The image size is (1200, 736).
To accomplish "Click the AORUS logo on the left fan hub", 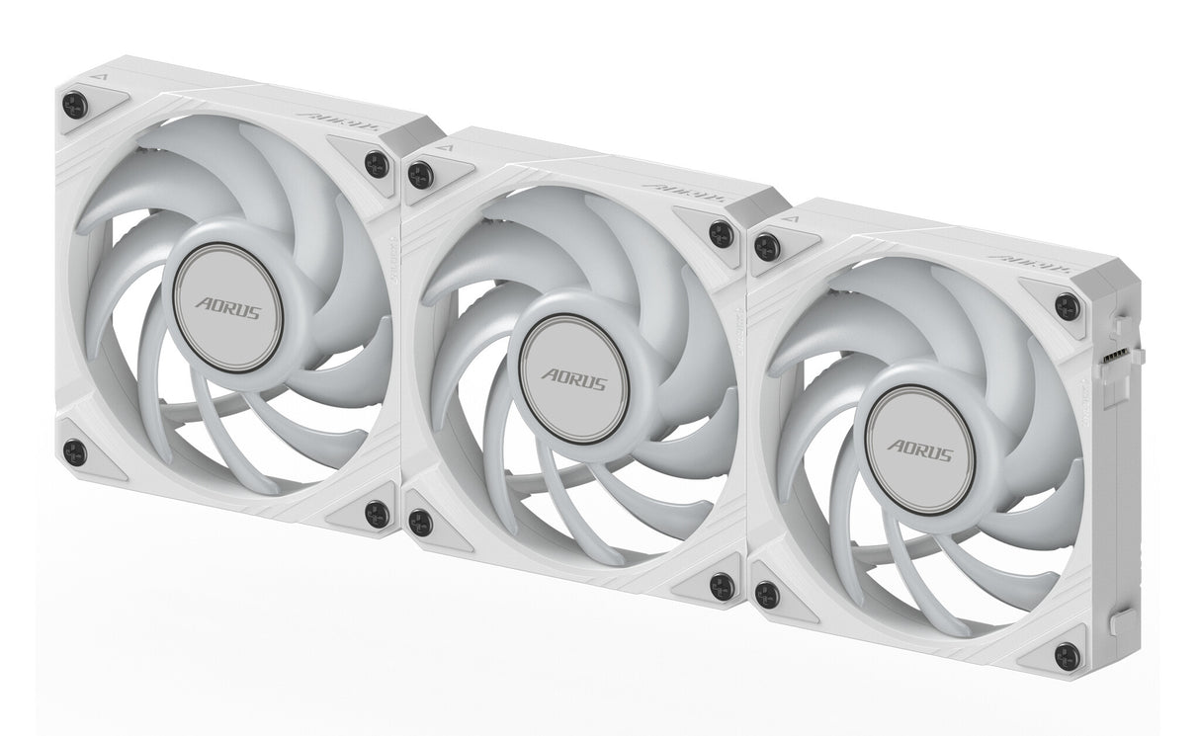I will [x=228, y=308].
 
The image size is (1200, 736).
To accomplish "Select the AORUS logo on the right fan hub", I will [x=920, y=450].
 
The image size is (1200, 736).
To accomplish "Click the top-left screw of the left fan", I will [x=75, y=104].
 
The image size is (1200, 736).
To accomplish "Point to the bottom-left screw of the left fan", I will [x=74, y=451].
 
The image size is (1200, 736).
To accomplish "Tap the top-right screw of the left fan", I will [x=377, y=163].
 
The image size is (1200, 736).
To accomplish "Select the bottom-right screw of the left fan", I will [x=377, y=512].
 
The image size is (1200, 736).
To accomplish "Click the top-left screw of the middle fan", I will [x=421, y=175].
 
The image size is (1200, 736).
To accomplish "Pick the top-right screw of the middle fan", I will [x=722, y=234].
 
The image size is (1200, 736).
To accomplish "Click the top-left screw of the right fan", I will [x=767, y=246].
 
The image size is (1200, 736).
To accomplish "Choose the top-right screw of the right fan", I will [x=1068, y=306].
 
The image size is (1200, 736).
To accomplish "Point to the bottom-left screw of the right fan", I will [x=767, y=594].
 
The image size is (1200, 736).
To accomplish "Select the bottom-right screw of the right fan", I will [x=1068, y=654].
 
